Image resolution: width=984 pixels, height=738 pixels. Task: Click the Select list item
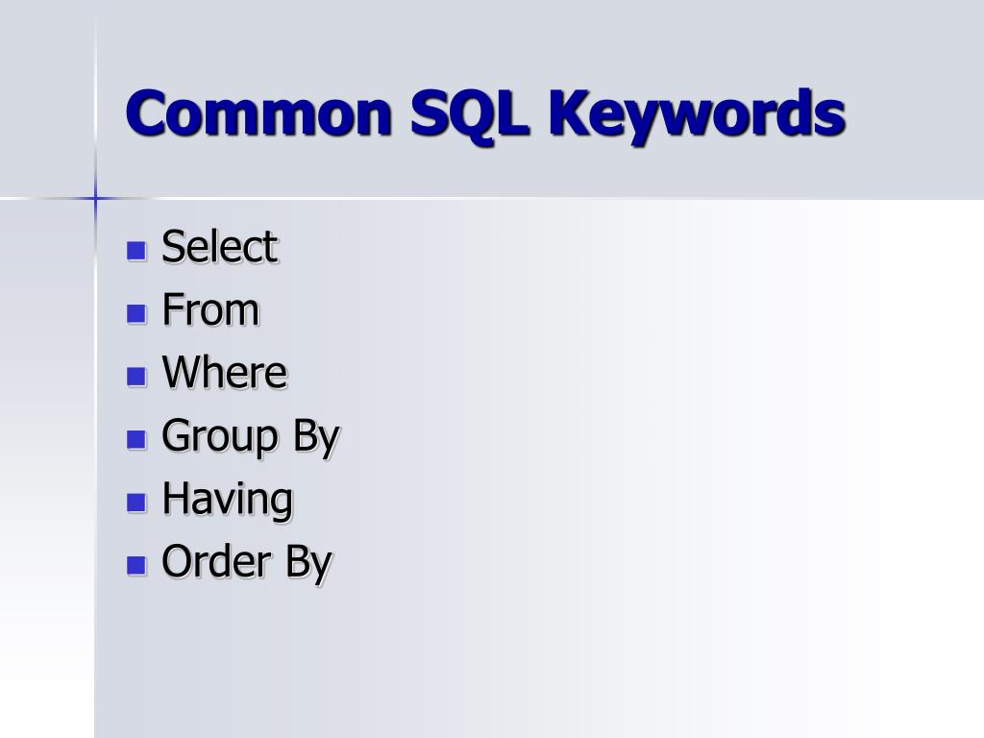[219, 247]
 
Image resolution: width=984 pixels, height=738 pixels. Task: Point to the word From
[210, 310]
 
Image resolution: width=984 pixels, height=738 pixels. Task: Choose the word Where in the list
[224, 373]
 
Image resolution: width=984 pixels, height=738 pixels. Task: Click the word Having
[227, 500]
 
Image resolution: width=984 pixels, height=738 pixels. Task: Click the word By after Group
[316, 436]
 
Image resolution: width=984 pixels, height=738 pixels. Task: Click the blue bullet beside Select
[136, 251]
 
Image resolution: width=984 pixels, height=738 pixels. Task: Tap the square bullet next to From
[136, 313]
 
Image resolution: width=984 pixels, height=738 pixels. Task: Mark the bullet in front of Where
[136, 376]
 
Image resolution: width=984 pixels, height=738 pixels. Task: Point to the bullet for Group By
[136, 439]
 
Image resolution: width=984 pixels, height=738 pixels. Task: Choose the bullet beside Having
[136, 502]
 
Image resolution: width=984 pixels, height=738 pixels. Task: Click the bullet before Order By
[136, 565]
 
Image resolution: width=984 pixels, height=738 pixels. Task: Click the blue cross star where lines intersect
[95, 198]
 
